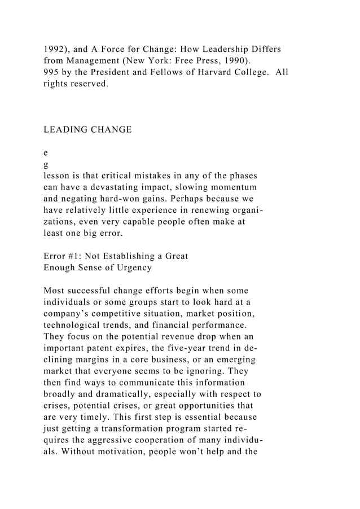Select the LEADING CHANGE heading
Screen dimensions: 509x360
[x=87, y=130]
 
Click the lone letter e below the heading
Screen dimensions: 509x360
[x=46, y=153]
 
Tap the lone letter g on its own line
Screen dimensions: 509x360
[x=46, y=164]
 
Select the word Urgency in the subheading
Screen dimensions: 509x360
[x=132, y=268]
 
